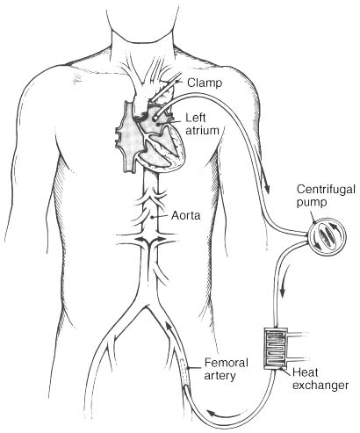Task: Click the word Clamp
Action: (205, 83)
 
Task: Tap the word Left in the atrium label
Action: (196, 118)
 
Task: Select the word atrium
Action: (202, 130)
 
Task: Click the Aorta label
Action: (186, 215)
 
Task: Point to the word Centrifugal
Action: (327, 190)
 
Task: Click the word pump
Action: (312, 203)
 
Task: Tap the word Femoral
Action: (227, 363)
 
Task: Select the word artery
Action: (220, 376)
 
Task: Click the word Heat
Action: (306, 372)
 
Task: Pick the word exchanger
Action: (320, 385)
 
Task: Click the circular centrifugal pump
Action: (326, 234)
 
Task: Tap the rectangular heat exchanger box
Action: (276, 348)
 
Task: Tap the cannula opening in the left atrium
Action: (155, 117)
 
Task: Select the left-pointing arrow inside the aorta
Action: (141, 239)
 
